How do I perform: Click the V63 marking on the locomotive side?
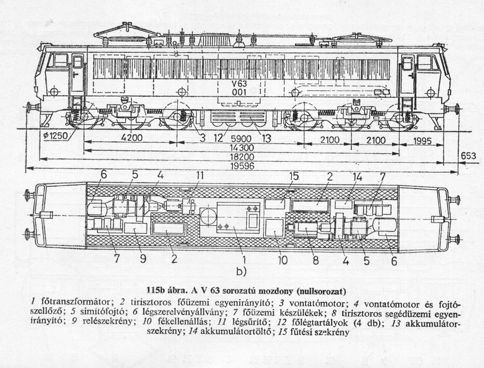(x=238, y=83)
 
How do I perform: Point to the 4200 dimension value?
(x=131, y=139)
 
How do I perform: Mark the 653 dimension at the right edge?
(x=468, y=156)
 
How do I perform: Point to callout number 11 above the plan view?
(x=199, y=176)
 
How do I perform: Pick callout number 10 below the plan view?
(x=283, y=260)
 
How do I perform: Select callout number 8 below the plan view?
(x=316, y=260)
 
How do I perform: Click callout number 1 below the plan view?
(x=244, y=259)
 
